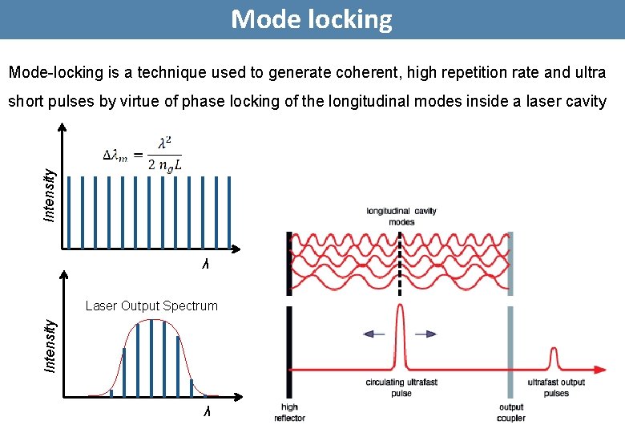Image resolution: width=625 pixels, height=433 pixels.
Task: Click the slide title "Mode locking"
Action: point(312,19)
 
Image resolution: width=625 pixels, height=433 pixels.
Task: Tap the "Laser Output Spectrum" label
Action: point(151,306)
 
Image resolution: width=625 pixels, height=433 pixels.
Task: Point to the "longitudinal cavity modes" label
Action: point(401,216)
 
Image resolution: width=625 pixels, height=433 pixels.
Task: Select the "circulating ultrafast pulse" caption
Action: point(401,388)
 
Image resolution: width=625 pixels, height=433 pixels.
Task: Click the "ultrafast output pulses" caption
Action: point(556,388)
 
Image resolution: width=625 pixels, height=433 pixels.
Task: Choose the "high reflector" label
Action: point(289,412)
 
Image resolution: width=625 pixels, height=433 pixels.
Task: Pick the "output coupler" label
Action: point(510,412)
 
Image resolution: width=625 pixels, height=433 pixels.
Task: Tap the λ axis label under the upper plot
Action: point(205,264)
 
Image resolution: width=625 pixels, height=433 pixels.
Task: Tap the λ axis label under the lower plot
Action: point(207,411)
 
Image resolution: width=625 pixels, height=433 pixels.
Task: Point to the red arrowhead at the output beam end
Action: point(599,370)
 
